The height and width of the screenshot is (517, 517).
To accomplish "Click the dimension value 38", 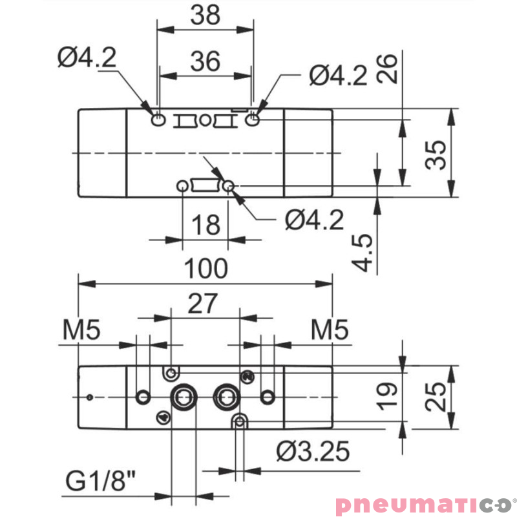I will click(x=205, y=16).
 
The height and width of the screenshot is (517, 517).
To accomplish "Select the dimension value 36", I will click(x=205, y=61).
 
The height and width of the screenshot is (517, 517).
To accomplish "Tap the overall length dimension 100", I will click(x=206, y=268).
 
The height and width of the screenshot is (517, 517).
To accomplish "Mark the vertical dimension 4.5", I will click(x=363, y=253).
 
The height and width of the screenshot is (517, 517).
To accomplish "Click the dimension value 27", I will click(x=205, y=303).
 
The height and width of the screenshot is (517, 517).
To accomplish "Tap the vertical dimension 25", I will click(x=438, y=396).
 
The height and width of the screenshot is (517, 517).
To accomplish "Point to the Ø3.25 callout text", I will click(x=312, y=450).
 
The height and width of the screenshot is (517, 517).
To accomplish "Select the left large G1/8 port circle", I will click(x=181, y=395).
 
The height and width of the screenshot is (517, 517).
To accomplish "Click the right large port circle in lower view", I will click(x=227, y=395).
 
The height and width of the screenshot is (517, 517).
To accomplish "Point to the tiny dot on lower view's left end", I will click(x=91, y=396).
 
